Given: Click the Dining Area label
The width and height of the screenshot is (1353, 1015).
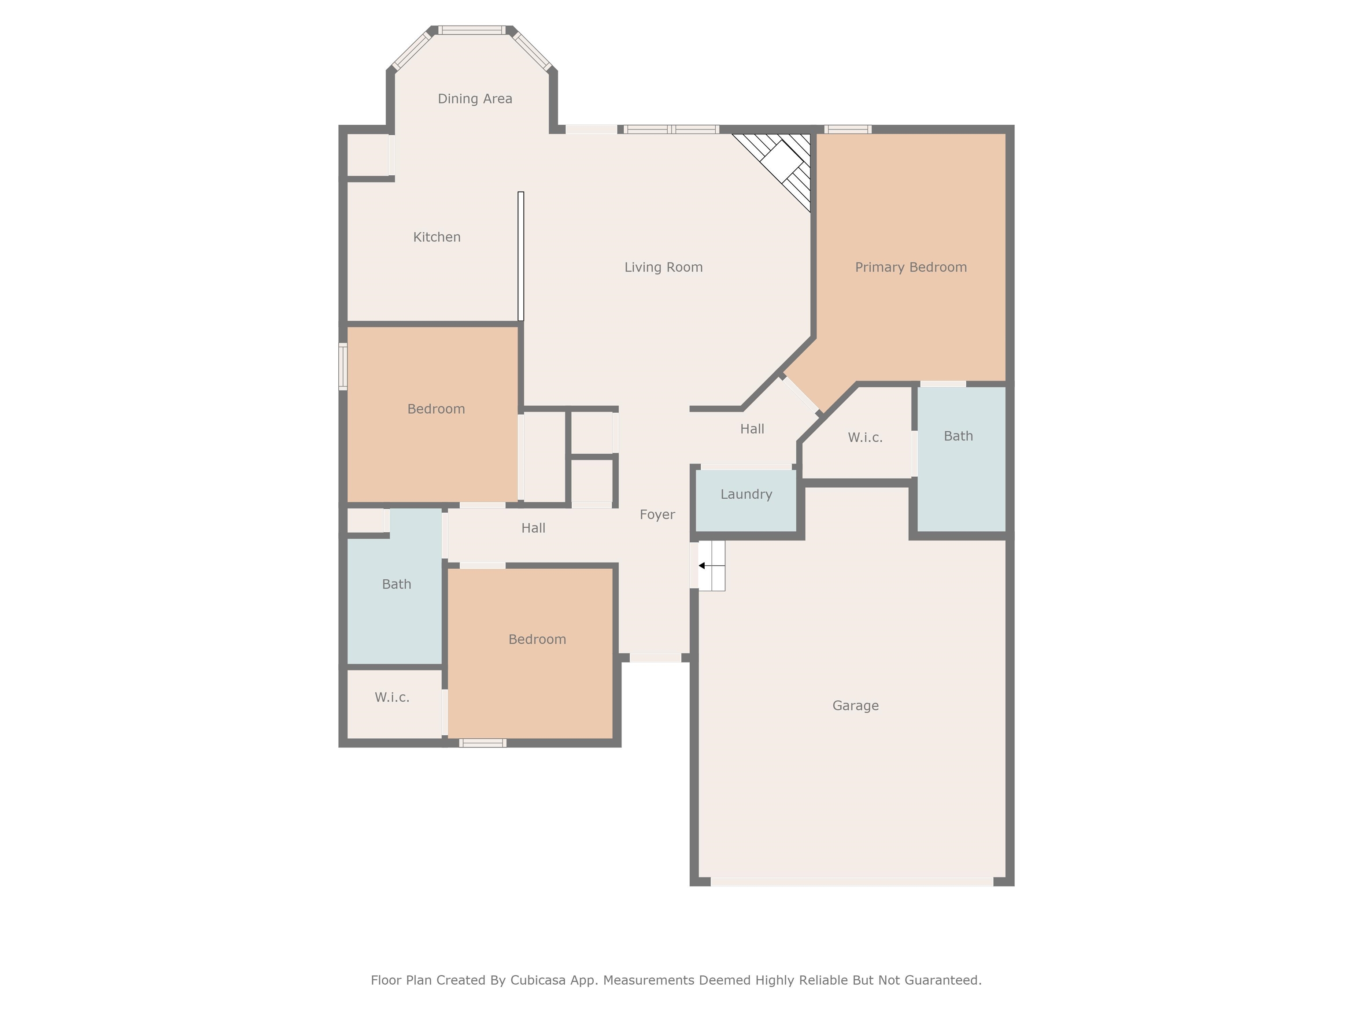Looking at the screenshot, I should [475, 99].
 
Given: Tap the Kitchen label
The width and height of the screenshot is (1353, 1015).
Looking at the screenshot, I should [437, 237].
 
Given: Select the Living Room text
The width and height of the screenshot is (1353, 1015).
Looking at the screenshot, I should [663, 267].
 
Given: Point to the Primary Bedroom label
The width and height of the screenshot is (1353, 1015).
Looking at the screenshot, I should [910, 267].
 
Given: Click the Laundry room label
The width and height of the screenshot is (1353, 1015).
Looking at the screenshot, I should [746, 494].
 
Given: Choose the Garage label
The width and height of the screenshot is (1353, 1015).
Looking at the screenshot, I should [855, 705].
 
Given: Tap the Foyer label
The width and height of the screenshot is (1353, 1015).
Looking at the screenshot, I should [657, 515].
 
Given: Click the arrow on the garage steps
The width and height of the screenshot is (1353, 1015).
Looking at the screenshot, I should [702, 565].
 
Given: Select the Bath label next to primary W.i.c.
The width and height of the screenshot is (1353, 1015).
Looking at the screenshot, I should [958, 436].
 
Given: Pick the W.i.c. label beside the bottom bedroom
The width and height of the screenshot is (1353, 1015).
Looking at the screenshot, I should [392, 697].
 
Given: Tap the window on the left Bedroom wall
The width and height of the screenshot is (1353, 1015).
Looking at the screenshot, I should [343, 366].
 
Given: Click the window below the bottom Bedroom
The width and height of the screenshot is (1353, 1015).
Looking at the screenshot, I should [483, 743].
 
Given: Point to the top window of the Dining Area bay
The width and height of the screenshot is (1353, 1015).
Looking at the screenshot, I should [472, 30].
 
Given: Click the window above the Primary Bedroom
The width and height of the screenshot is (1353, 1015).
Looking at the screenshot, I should [847, 129].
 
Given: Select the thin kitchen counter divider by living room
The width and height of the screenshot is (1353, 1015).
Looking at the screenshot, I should [521, 256].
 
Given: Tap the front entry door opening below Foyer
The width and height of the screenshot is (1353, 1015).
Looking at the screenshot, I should [655, 658].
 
